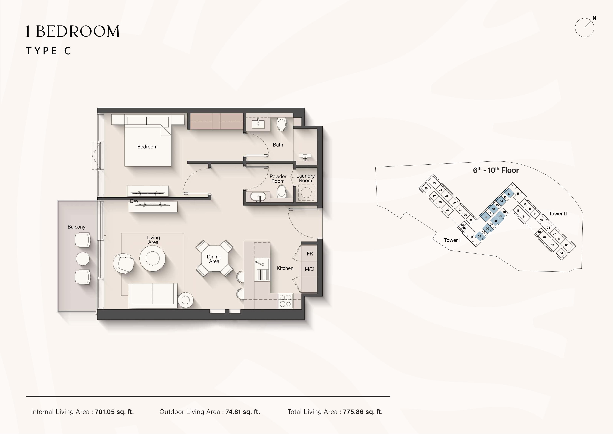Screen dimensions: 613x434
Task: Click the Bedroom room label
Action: [x=147, y=147]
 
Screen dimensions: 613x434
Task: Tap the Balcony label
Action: [x=76, y=227]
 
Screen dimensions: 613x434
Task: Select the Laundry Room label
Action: [x=305, y=178]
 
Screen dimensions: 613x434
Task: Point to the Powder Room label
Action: [x=278, y=179]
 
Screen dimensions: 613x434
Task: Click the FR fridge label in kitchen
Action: [x=310, y=253]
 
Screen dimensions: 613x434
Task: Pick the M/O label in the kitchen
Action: [x=309, y=269]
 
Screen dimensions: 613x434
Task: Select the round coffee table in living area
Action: [x=153, y=259]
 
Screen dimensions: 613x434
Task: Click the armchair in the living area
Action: [x=123, y=263]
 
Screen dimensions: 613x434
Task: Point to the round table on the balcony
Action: [x=83, y=259]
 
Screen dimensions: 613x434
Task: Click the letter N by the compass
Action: [x=594, y=18]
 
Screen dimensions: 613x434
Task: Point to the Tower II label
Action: [x=558, y=214]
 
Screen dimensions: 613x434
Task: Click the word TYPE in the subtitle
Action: [x=41, y=51]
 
